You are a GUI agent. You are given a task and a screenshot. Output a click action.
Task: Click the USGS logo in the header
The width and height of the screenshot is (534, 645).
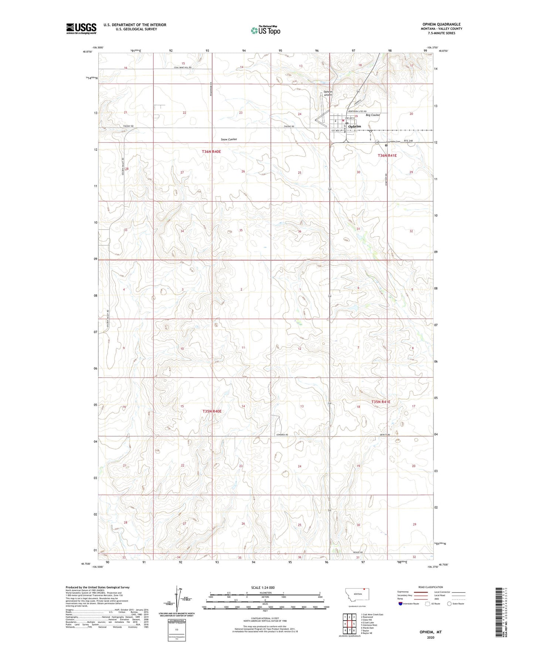click(81, 28)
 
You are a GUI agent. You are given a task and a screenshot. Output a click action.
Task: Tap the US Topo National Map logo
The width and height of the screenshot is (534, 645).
click(265, 30)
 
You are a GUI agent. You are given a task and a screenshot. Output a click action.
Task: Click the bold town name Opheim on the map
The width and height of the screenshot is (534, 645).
click(354, 126)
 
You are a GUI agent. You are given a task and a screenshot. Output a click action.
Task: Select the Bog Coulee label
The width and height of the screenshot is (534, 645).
click(373, 115)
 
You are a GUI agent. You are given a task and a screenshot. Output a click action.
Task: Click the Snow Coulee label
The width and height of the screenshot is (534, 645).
click(229, 139)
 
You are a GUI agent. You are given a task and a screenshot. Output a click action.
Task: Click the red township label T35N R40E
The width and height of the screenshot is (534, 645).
click(212, 411)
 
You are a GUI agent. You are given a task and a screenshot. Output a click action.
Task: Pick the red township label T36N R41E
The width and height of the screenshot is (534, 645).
click(387, 156)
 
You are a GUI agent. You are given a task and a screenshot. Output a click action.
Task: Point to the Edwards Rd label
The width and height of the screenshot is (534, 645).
click(282, 434)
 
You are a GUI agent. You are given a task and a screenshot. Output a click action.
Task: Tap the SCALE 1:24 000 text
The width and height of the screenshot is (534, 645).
click(262, 587)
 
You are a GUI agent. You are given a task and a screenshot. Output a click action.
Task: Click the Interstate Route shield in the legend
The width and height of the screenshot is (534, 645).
click(401, 604)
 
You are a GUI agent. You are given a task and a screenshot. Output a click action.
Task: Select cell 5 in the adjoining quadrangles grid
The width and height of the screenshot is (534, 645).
click(354, 624)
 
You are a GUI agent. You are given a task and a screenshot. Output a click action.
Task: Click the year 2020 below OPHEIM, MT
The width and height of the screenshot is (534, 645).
click(430, 637)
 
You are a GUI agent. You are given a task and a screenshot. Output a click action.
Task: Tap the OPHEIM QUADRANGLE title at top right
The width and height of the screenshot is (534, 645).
click(441, 24)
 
